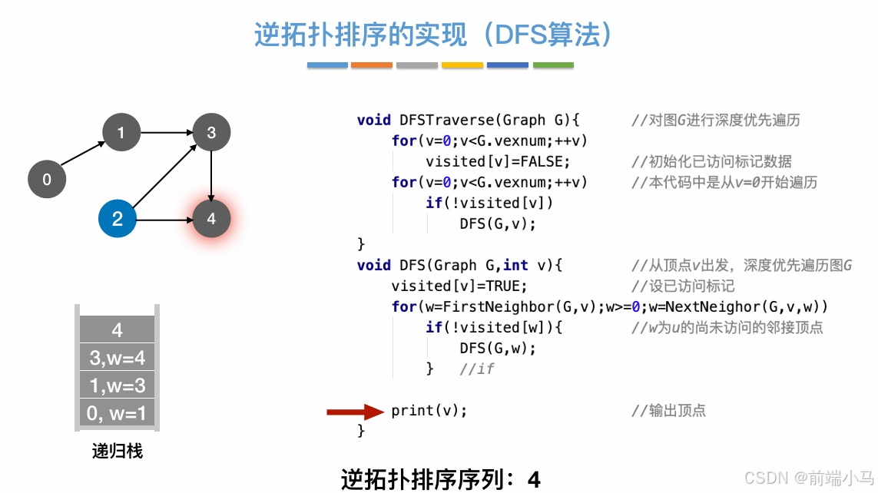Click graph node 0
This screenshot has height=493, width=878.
coord(47,180)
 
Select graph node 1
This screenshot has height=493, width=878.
coord(121,134)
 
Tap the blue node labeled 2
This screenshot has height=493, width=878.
coord(118,219)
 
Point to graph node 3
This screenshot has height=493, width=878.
coord(211,133)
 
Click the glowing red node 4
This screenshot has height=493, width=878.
coord(211,219)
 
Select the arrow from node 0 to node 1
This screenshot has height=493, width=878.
coord(83,154)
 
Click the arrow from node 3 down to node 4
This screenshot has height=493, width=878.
coord(211,176)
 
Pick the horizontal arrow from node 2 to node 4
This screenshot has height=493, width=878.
coord(164,220)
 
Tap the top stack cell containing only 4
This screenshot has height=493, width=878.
coord(117,330)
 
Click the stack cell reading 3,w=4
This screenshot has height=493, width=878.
coord(117,357)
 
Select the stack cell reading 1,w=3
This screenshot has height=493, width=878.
coord(117,385)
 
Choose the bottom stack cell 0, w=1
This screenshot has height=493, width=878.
coord(117,413)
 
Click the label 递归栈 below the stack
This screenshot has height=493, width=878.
coord(118,451)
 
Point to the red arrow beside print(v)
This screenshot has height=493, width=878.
coord(354,412)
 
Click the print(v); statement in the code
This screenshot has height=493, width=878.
coord(429,411)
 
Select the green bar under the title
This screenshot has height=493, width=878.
coord(553,65)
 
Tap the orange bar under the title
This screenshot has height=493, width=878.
coord(372,65)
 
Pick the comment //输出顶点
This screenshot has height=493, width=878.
coord(668,411)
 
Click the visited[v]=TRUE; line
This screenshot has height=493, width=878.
coord(459,286)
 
